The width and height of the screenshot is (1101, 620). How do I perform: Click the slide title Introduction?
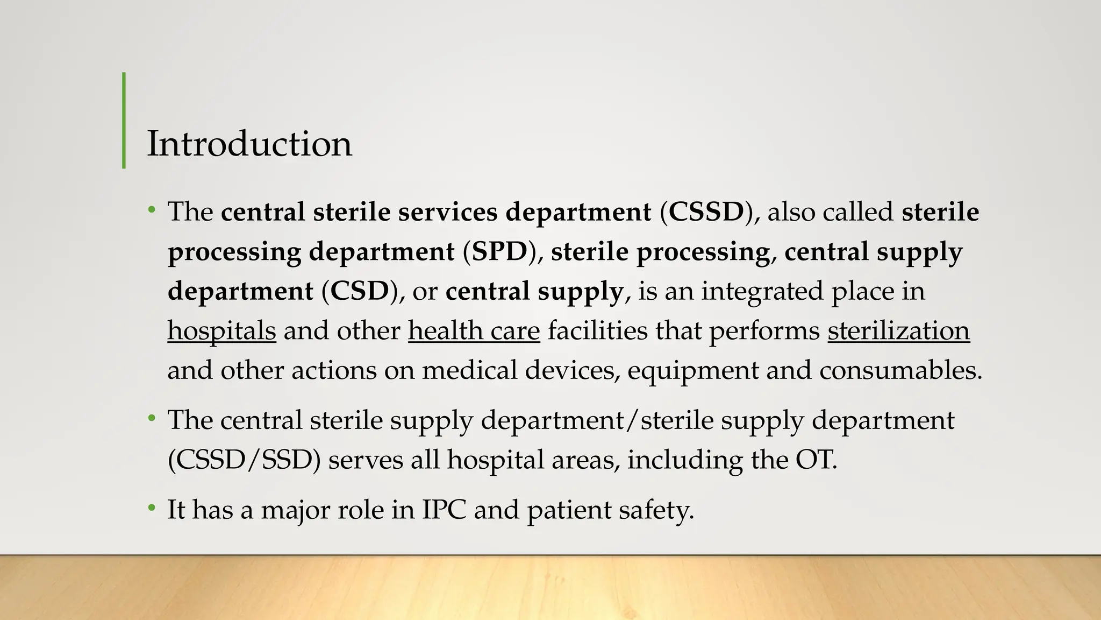[249, 144]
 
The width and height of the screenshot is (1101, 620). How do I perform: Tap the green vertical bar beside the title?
[124, 120]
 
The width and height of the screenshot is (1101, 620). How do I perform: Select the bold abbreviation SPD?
[499, 251]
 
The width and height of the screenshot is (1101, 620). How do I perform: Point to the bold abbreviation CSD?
[359, 291]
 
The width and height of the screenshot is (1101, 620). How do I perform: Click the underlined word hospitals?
[221, 330]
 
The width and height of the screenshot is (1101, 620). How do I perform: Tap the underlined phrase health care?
[474, 330]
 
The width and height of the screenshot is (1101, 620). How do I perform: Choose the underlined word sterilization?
[898, 330]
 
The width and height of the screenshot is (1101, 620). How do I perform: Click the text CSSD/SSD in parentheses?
[244, 460]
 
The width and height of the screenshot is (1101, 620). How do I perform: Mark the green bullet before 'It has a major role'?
[152, 508]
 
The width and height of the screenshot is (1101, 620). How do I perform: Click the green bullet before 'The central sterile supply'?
[152, 418]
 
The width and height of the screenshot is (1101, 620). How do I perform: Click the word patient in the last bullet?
[569, 509]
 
